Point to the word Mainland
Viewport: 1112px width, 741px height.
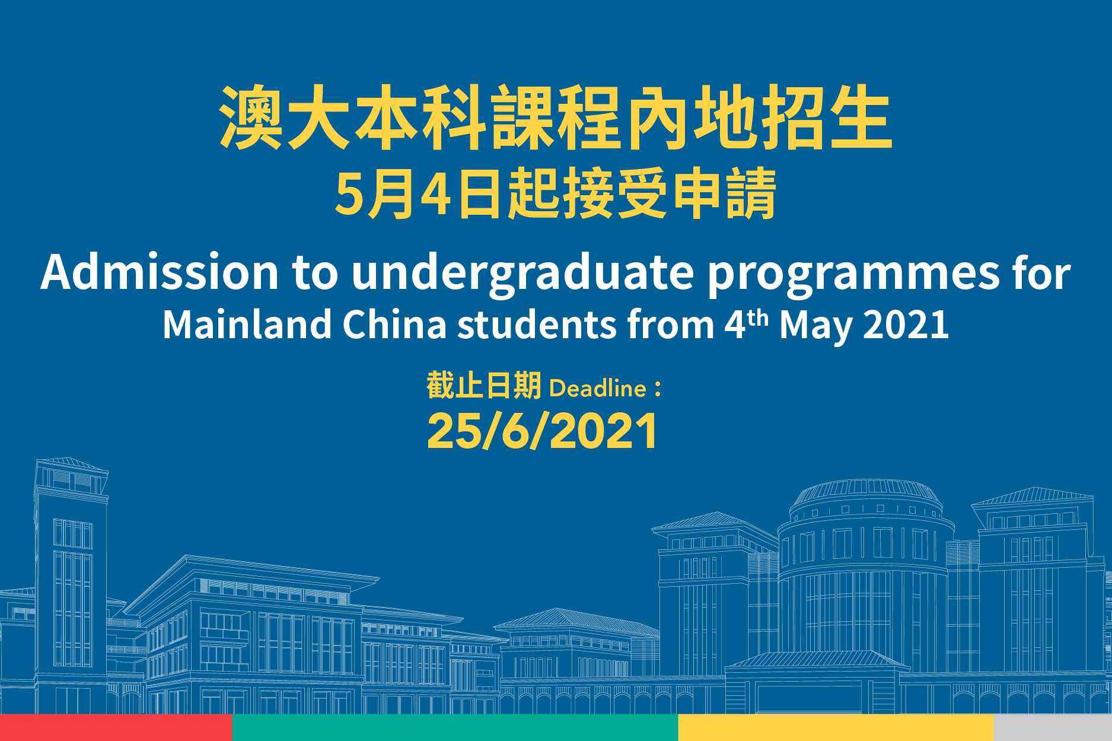click(x=247, y=325)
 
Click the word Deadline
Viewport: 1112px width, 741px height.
click(x=598, y=389)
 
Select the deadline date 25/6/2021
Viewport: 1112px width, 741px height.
click(x=542, y=431)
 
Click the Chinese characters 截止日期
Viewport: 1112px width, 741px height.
click(x=483, y=386)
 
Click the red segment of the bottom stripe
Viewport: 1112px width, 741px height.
click(x=116, y=727)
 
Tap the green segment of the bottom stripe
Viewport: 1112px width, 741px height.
click(x=455, y=727)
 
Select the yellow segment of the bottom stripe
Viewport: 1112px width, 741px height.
click(x=836, y=727)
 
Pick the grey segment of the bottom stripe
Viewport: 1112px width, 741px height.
click(x=1053, y=727)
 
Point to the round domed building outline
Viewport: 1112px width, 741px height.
click(x=866, y=570)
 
